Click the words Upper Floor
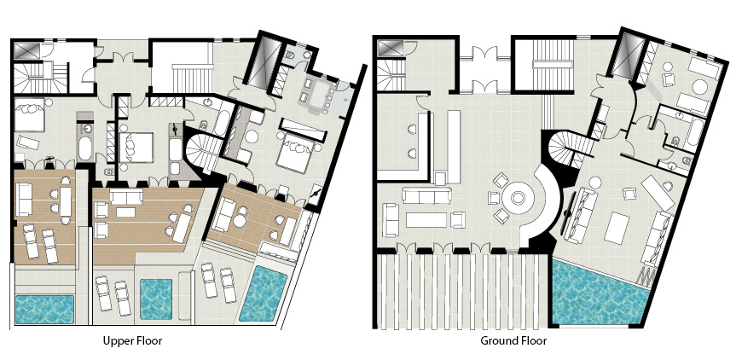133,340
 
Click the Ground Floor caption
513,340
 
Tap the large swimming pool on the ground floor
597,294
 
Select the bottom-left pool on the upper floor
44,310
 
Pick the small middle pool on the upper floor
156,299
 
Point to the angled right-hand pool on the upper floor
264,293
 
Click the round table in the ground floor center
518,198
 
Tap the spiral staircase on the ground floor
566,150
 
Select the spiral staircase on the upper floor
203,152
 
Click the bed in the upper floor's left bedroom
29,114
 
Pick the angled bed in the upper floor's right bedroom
294,153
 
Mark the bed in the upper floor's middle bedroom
136,148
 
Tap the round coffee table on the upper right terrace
241,220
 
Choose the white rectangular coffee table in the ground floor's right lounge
616,228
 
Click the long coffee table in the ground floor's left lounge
426,219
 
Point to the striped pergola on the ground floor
462,291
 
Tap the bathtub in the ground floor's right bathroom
696,133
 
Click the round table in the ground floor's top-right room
699,88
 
